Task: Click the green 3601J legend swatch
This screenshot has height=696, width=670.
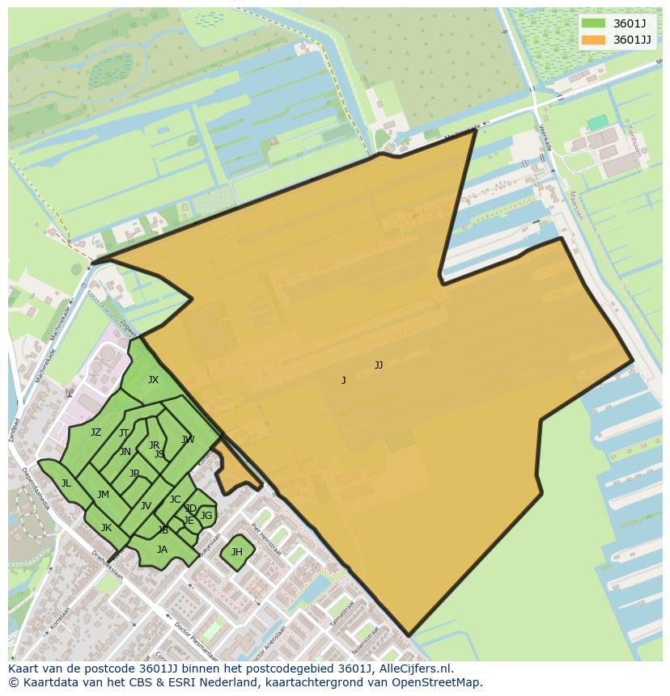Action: (x=593, y=23)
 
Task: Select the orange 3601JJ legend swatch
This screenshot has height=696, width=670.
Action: (x=593, y=40)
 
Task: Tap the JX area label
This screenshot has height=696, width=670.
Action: (x=153, y=380)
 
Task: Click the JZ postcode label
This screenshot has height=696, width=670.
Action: (x=95, y=432)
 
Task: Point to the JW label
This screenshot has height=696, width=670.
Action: (x=188, y=440)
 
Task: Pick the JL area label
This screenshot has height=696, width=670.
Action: (x=66, y=483)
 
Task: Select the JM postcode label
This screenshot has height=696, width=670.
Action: (x=103, y=495)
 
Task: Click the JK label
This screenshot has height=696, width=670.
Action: (x=106, y=528)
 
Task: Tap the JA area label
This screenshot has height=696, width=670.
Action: (x=162, y=550)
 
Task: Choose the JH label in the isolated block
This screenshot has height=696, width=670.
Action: (x=236, y=552)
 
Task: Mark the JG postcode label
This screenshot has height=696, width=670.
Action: (x=206, y=516)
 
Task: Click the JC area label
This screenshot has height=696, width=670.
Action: (x=175, y=500)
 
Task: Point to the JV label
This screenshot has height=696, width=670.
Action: (x=146, y=506)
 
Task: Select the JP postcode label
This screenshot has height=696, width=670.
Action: (x=134, y=474)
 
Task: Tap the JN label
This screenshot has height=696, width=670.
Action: (x=125, y=452)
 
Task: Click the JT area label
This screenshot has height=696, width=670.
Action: (x=124, y=433)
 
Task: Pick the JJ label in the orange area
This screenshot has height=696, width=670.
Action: (x=378, y=365)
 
